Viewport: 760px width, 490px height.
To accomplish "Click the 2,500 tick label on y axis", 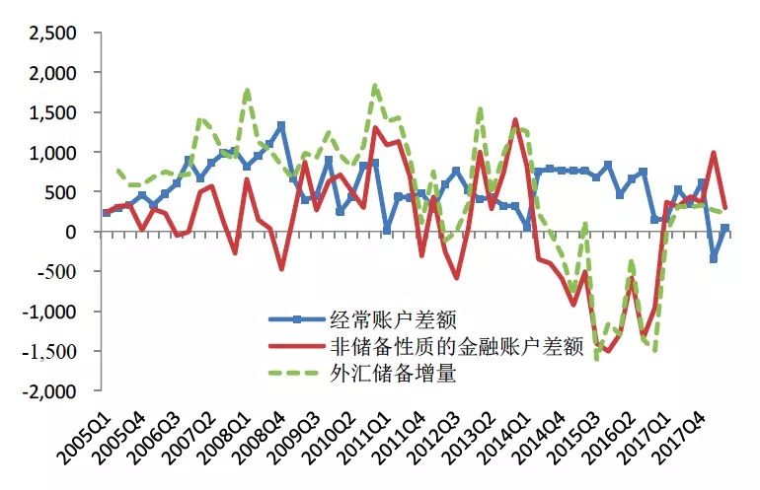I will click(51, 34).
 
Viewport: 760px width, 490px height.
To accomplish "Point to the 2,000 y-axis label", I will click(51, 73).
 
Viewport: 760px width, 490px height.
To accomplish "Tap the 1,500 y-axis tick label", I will click(51, 112).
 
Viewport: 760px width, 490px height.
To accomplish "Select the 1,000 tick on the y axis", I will click(51, 153).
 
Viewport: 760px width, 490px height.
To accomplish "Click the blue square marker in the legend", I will click(295, 318).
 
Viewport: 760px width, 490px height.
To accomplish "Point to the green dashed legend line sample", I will click(295, 374).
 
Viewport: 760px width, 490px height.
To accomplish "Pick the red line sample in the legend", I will click(295, 346).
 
